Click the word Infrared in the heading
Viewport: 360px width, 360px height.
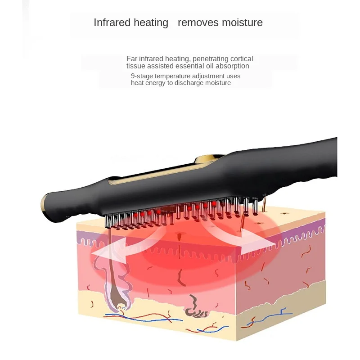coord(112,22)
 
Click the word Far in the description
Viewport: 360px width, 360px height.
coord(131,58)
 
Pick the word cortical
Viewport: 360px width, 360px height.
coord(242,58)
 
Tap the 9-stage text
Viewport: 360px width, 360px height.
coord(142,76)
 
